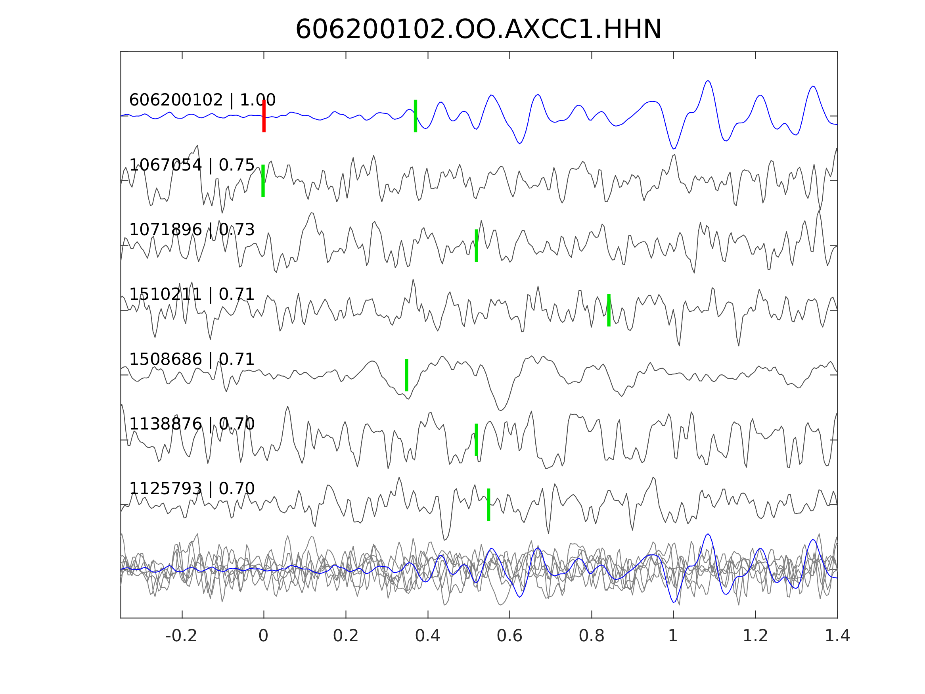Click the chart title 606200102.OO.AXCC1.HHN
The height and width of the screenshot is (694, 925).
[x=479, y=30]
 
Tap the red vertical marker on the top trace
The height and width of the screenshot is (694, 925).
[x=264, y=116]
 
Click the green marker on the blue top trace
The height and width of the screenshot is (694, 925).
[x=415, y=116]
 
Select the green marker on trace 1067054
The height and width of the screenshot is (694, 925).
[x=263, y=181]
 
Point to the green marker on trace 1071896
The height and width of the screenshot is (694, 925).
[x=476, y=245]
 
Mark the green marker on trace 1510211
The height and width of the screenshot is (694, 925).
[x=609, y=311]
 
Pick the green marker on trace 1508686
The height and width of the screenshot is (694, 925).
[x=406, y=375]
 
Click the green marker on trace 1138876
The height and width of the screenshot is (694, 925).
[x=476, y=440]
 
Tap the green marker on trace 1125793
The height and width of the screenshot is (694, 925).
[x=488, y=504]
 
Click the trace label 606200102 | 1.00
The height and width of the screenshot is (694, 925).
[x=202, y=100]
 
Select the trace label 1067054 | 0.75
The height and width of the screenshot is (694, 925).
[x=192, y=165]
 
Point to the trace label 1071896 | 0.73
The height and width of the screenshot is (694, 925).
[x=192, y=230]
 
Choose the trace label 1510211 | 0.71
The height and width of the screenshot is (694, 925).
[x=192, y=295]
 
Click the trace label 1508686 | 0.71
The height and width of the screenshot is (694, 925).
[x=192, y=359]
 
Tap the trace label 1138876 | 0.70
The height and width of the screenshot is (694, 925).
[x=192, y=424]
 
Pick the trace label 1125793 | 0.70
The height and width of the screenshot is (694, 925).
[x=192, y=489]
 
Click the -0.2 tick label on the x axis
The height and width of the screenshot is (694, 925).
[x=182, y=636]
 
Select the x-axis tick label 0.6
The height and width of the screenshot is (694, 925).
[x=509, y=636]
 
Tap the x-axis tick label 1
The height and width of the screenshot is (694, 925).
[x=673, y=636]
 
